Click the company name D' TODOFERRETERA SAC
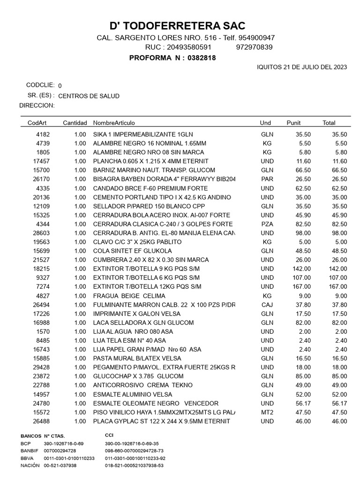(177, 26)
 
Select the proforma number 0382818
(202, 58)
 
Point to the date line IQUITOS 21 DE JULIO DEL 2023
(302, 67)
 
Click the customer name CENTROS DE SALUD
(89, 96)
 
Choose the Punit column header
(293, 123)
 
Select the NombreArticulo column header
(114, 123)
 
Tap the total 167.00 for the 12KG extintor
(337, 286)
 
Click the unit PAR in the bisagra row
(267, 179)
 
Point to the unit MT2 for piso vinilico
(267, 412)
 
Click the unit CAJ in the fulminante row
(267, 305)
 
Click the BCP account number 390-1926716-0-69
(63, 443)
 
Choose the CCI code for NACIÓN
(135, 466)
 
